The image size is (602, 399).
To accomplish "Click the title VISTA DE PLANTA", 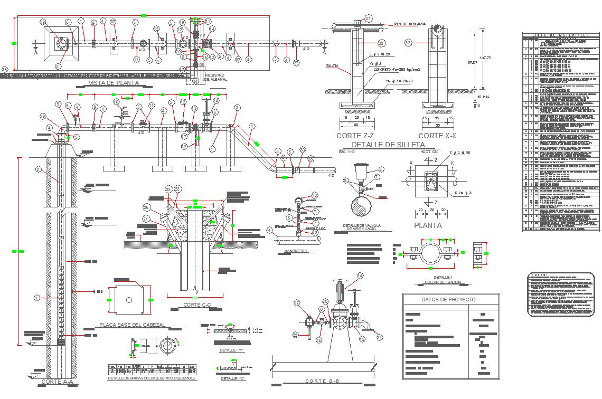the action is pyautogui.click(x=114, y=83).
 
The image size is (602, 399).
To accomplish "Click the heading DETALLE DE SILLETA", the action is pyautogui.click(x=388, y=144).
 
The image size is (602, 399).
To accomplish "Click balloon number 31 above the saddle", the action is pyautogui.click(x=369, y=18).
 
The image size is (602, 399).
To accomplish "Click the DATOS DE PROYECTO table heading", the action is pyautogui.click(x=448, y=300).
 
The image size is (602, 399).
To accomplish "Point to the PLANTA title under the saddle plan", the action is pyautogui.click(x=428, y=225).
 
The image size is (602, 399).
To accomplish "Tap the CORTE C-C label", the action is pyautogui.click(x=197, y=305).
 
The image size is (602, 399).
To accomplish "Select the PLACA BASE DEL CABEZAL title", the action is pyautogui.click(x=133, y=325).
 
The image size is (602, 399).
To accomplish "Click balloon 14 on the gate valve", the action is pyautogui.click(x=360, y=275).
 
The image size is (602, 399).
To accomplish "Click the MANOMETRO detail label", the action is pyautogui.click(x=295, y=251).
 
